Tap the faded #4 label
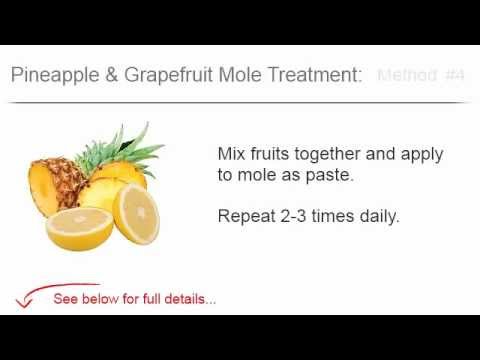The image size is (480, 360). point(456,75)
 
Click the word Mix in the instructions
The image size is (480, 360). point(231,155)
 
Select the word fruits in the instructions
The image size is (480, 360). point(275,155)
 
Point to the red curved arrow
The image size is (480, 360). point(30,296)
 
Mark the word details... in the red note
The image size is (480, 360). point(191,299)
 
